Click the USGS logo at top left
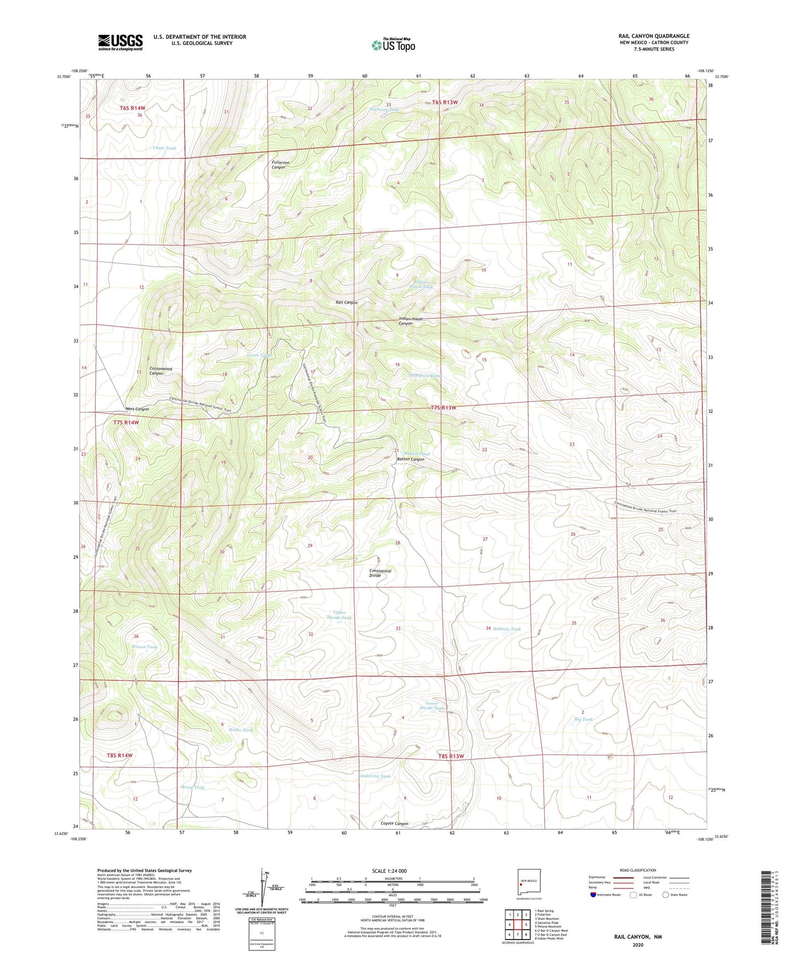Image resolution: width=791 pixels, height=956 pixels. tap(120, 42)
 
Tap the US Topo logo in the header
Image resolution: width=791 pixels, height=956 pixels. tap(393, 45)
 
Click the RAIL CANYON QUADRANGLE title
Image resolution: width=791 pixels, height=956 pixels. tap(654, 36)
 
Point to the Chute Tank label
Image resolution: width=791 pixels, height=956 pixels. tap(164, 148)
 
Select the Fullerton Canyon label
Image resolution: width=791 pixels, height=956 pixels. tap(279, 165)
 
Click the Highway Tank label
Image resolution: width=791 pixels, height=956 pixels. tap(385, 110)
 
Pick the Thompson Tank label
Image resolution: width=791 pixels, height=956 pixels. tap(424, 376)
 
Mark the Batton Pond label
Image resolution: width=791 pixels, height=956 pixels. tap(417, 454)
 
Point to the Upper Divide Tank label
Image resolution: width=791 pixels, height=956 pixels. tap(339, 615)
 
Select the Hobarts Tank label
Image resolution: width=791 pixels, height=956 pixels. tap(507, 629)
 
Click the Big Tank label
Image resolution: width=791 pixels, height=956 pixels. tap(584, 719)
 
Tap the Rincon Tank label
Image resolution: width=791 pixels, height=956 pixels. tap(145, 647)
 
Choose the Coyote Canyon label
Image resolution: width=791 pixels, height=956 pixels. tap(394, 823)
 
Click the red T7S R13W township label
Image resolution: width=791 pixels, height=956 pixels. tap(443, 407)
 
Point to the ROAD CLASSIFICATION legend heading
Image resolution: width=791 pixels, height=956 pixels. tap(638, 870)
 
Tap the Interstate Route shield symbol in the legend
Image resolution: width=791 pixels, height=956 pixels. tap(593, 895)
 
